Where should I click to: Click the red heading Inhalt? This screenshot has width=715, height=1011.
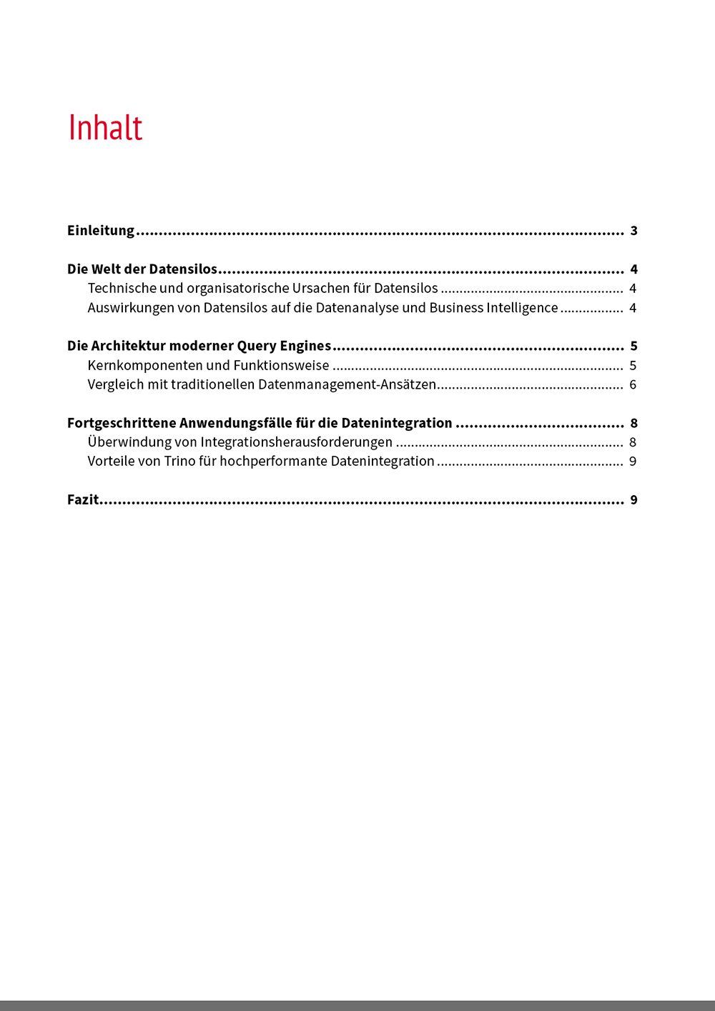click(x=105, y=128)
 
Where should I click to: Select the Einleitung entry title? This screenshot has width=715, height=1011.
click(x=101, y=231)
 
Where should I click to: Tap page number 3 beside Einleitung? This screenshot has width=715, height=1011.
click(x=633, y=231)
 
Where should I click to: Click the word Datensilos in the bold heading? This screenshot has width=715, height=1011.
click(x=182, y=269)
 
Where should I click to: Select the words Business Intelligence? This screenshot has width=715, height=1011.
click(x=493, y=308)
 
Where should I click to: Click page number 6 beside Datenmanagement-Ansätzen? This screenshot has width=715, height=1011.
click(x=633, y=385)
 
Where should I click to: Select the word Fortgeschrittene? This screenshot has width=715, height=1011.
click(x=122, y=424)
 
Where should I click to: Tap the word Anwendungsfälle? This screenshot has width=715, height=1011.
click(x=235, y=424)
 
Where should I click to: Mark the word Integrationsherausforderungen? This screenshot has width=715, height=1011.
click(x=296, y=442)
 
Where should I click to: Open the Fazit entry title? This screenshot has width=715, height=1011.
click(x=83, y=500)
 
